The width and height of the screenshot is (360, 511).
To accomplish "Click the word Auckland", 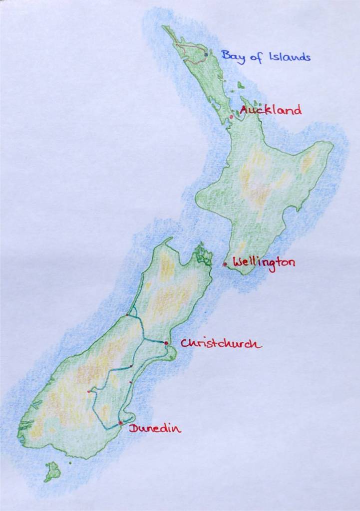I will tap(271, 110).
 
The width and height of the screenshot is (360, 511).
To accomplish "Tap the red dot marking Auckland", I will tap(231, 117).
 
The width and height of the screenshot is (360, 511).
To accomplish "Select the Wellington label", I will tap(264, 263).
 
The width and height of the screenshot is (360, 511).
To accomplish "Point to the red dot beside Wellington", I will tap(225, 264).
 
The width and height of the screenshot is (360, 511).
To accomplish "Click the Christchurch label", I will tap(220, 344).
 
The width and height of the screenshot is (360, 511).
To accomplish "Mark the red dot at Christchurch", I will tap(166, 343).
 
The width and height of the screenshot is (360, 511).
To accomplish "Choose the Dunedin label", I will tap(155, 428).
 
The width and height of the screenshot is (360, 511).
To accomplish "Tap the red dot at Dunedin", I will tap(120, 423).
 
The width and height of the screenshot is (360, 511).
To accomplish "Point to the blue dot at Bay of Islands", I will tap(206, 54).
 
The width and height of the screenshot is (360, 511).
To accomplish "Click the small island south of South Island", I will tap(52, 471).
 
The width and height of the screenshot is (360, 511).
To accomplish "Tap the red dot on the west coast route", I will tap(127, 315).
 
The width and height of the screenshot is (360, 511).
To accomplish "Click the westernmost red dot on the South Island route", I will tap(88, 392).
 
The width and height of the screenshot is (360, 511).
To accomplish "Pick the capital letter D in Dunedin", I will tap(133, 428).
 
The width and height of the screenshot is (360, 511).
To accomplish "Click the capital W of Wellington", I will tap(238, 262).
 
